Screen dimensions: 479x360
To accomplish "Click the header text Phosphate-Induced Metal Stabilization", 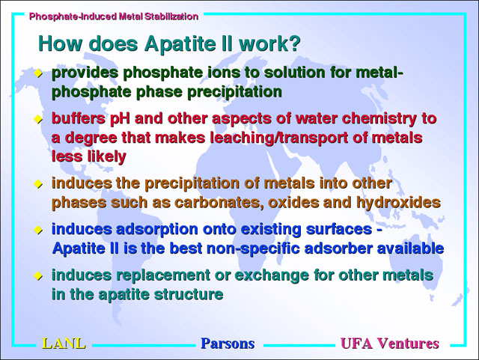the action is (114, 16).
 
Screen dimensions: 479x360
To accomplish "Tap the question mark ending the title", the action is (294, 43).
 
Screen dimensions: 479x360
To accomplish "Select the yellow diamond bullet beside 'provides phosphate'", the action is (38, 73).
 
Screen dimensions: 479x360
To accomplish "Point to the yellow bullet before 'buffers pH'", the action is (38, 119).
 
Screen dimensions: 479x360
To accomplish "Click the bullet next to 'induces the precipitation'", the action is (38, 183).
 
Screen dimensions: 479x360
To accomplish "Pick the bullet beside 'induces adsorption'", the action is (38, 230).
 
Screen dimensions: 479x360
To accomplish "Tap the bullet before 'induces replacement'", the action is (38, 275).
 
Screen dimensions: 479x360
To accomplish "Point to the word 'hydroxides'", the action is (398, 202).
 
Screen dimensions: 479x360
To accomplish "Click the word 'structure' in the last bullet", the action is (189, 294).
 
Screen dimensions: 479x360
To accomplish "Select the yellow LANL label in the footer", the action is (64, 344).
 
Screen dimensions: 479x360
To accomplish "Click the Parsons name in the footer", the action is (228, 344).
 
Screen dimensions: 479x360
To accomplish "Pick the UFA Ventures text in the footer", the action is (390, 344).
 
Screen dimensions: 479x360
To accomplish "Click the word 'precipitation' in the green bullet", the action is (234, 92).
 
